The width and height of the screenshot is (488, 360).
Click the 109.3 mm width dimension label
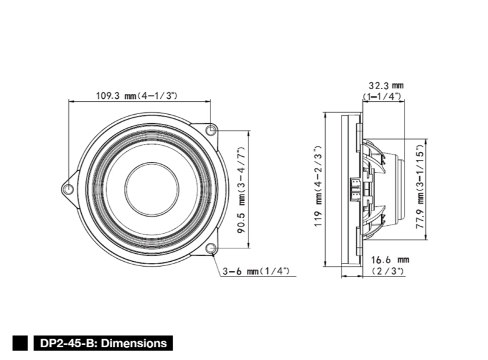click(x=137, y=95)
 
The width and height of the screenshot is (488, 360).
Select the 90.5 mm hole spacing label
click(x=242, y=190)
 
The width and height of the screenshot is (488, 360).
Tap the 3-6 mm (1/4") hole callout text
click(x=256, y=272)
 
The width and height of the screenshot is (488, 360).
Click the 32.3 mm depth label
click(x=386, y=85)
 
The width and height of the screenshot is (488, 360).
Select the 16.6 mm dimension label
click(x=390, y=260)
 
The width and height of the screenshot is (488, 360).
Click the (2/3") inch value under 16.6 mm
click(x=389, y=271)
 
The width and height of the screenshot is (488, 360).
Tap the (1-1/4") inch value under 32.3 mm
click(x=382, y=96)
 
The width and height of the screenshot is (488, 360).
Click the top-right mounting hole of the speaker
click(x=211, y=129)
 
